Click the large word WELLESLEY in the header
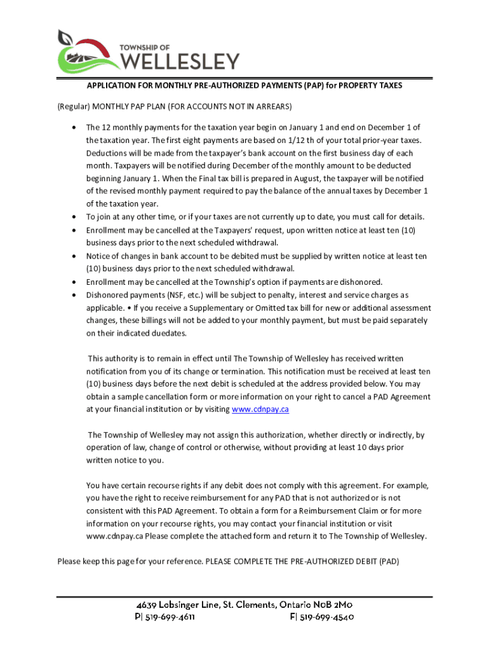(180, 60)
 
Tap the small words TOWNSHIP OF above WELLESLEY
(144, 46)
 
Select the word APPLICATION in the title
(112, 85)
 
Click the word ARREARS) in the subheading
(273, 105)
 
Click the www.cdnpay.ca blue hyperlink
(260, 409)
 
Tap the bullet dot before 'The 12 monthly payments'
(74, 127)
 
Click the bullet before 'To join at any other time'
(74, 217)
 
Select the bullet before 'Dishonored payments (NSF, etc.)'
(74, 295)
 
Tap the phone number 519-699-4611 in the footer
(170, 617)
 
